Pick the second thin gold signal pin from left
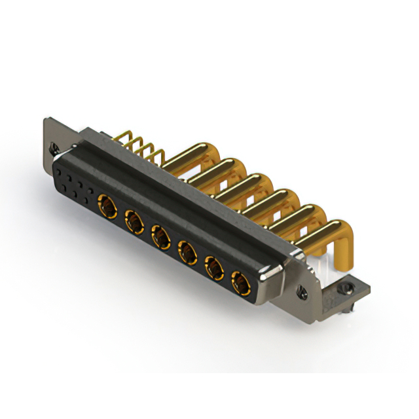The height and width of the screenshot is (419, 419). (x=135, y=145)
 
